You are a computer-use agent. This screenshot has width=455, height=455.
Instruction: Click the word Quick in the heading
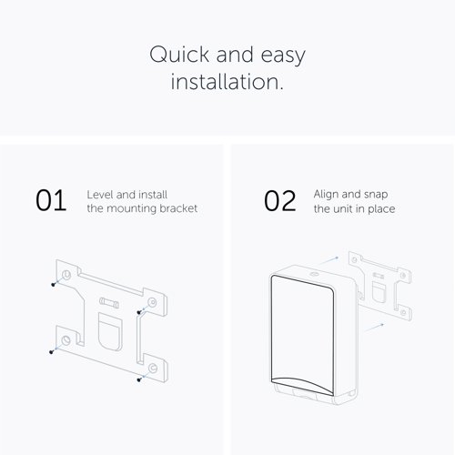[179, 55]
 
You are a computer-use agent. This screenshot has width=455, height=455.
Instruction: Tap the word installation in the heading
[227, 82]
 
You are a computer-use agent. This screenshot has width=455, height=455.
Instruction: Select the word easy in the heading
[283, 56]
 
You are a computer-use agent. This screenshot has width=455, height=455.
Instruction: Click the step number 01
[51, 200]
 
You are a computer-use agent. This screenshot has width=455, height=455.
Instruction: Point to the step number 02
[279, 201]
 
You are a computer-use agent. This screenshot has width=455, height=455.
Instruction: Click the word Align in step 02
[326, 195]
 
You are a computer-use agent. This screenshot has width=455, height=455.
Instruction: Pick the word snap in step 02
[376, 195]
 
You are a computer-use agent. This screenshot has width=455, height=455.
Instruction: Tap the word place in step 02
[381, 209]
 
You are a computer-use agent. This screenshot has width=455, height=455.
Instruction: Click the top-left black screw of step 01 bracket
[53, 285]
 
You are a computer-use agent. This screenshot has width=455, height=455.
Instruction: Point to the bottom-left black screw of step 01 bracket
[51, 352]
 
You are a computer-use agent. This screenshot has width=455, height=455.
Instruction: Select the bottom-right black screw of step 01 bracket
[139, 379]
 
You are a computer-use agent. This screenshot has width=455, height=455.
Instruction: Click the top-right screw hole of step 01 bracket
[152, 302]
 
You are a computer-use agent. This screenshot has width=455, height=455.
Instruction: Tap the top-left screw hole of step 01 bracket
[66, 275]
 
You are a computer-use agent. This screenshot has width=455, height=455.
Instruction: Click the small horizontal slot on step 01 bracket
[109, 303]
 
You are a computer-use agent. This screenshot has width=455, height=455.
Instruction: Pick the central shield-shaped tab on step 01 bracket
[110, 332]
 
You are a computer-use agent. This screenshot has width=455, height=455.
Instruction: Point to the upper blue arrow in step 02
[329, 260]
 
